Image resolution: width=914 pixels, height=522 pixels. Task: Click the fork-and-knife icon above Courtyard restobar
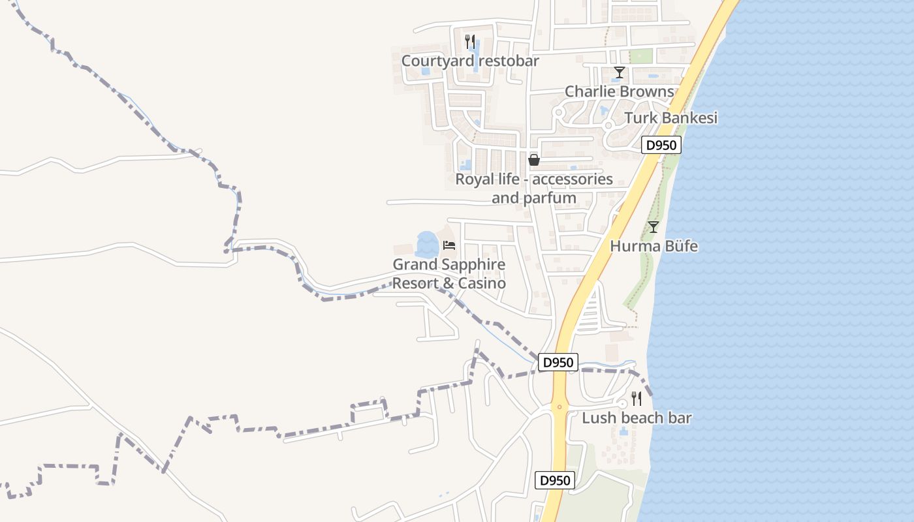[x=469, y=41]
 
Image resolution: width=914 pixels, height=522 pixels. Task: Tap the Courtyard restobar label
[x=470, y=61]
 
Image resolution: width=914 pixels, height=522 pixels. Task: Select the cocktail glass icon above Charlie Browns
[x=619, y=72]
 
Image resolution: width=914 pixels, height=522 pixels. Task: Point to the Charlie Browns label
[x=619, y=91]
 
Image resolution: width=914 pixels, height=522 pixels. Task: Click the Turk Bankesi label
[x=670, y=118]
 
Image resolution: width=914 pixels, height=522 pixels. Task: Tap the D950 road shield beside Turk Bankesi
[x=661, y=145]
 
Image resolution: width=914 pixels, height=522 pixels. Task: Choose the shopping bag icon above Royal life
[x=534, y=160]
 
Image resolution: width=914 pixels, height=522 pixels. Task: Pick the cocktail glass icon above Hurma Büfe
[x=653, y=227]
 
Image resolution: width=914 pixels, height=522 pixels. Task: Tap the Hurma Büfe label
[x=654, y=246]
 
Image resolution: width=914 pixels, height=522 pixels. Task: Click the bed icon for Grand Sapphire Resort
[x=449, y=245]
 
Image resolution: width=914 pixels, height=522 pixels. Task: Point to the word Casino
[x=482, y=284]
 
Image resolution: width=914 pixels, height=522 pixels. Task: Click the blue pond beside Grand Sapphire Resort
[x=426, y=244]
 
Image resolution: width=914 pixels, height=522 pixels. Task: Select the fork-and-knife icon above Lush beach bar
[x=637, y=398]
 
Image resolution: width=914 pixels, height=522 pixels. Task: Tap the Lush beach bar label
[x=637, y=418]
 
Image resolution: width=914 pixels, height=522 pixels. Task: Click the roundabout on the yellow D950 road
[x=559, y=407]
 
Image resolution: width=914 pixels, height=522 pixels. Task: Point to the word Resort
[x=414, y=284]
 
